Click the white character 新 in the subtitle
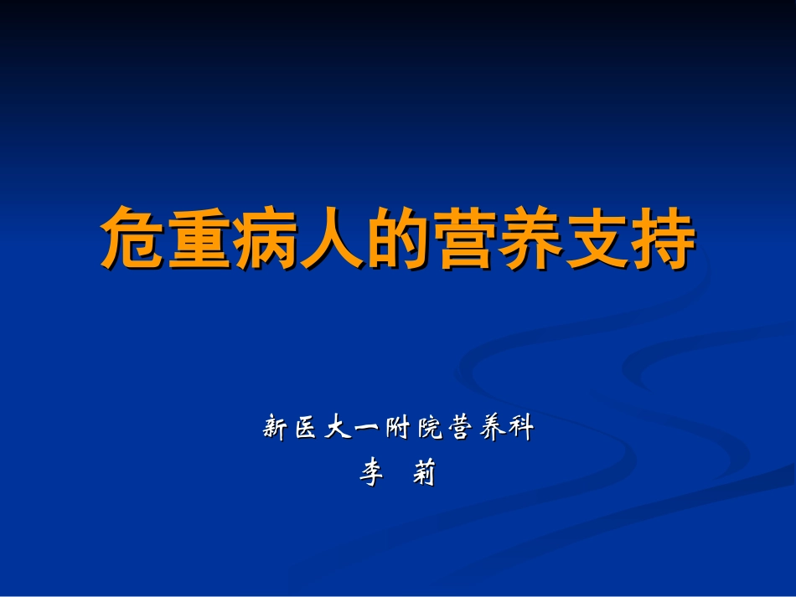[x=276, y=429]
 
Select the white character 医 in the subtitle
[x=307, y=429]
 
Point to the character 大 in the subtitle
[x=337, y=429]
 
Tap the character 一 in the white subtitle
[x=367, y=430]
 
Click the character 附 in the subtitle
[x=398, y=429]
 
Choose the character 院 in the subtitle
[x=429, y=429]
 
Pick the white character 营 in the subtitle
[x=459, y=429]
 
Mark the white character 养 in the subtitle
[x=490, y=429]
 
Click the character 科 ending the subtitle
[x=520, y=429]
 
